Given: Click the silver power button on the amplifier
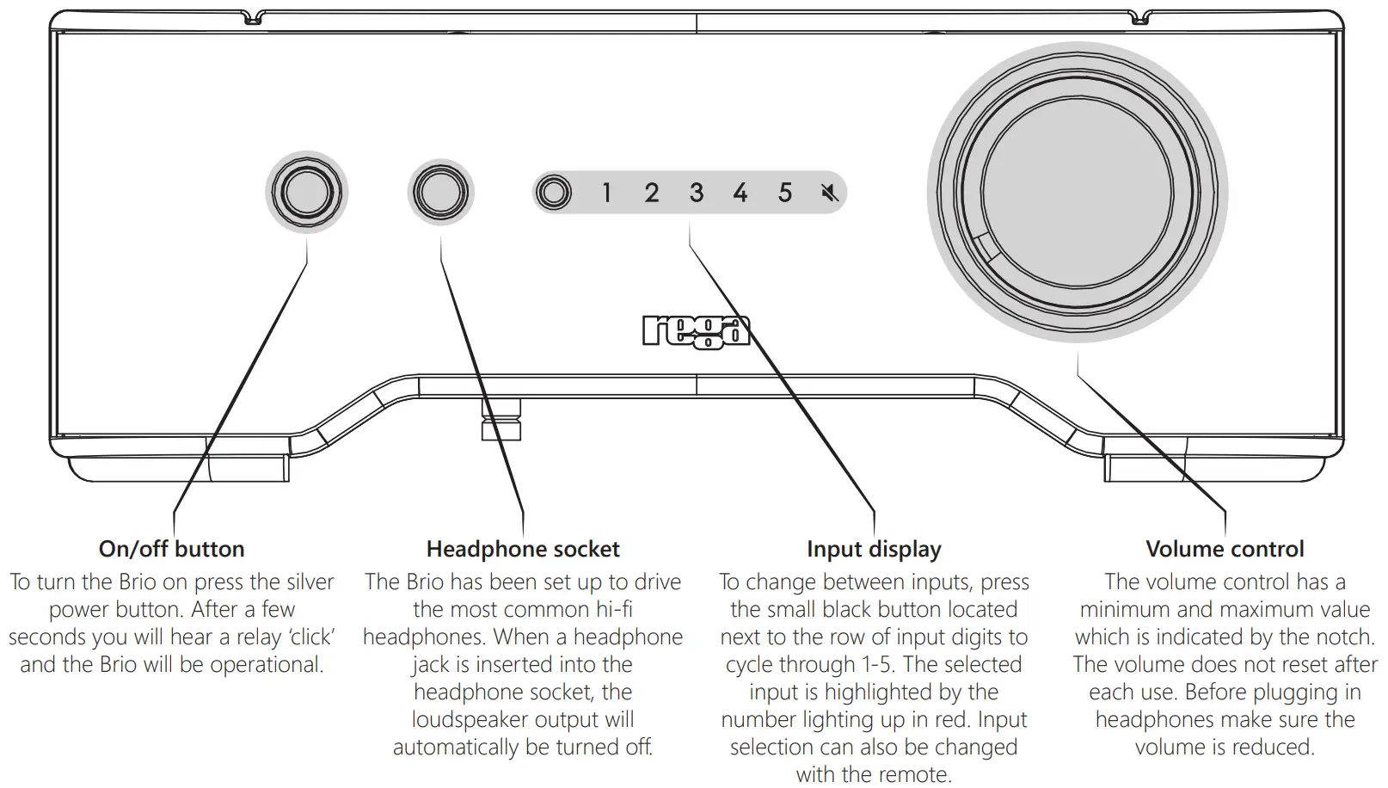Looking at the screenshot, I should pos(307,192).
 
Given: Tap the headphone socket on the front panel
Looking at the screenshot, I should pos(440,192).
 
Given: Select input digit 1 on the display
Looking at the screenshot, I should pos(606,193).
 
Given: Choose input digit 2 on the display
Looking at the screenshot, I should pos(652,193).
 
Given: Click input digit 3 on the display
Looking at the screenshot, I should pos(697,193).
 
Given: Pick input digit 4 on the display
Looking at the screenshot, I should pos(740,193).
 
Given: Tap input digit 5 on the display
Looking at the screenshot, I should pos(785,193).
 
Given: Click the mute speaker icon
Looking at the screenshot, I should pos(829,193).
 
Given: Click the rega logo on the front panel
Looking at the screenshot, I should pos(696,332).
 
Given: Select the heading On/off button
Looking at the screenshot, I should pos(172,549).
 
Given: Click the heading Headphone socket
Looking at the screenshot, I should pos(523,549).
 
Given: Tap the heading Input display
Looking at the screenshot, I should pos(874,549).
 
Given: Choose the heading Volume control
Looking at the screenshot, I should pos(1225,549).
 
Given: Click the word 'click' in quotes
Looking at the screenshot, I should pos(311,637).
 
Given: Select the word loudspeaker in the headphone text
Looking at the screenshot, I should pos(470,720).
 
